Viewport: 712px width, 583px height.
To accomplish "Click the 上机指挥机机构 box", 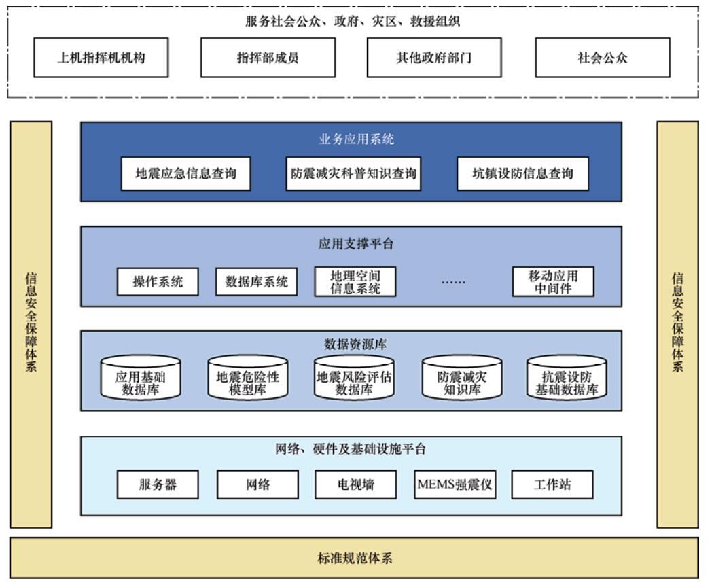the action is pyautogui.click(x=101, y=58).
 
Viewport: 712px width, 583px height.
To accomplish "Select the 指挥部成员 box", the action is pyautogui.click(x=268, y=58).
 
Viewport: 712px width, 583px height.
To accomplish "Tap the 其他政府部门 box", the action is pyautogui.click(x=434, y=58).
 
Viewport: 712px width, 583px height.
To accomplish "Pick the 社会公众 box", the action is pyautogui.click(x=603, y=58).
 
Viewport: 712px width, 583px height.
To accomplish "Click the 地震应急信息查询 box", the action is pyautogui.click(x=185, y=173).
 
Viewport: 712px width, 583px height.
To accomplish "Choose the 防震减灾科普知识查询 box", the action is pyautogui.click(x=353, y=173).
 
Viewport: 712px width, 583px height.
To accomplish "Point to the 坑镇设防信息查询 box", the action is pyautogui.click(x=522, y=173).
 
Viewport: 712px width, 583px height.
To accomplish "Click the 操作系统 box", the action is pyautogui.click(x=158, y=282).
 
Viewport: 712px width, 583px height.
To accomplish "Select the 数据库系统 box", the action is pyautogui.click(x=257, y=282).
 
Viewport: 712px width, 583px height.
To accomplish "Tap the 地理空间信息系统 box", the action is pyautogui.click(x=355, y=282).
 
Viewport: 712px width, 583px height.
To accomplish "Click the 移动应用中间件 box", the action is pyautogui.click(x=553, y=282).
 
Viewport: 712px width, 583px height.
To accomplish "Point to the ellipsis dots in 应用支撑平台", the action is pyautogui.click(x=453, y=283).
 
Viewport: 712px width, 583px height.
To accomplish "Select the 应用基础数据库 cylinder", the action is pyautogui.click(x=141, y=378).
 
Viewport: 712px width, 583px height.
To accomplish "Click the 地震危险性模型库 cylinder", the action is pyautogui.click(x=247, y=378).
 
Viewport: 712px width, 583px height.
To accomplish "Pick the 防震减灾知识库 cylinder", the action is pyautogui.click(x=462, y=378).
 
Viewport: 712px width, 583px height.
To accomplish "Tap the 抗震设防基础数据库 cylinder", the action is pyautogui.click(x=567, y=378).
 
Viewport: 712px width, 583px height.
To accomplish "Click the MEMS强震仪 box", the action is pyautogui.click(x=455, y=485).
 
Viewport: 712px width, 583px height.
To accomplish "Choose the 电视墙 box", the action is pyautogui.click(x=355, y=485).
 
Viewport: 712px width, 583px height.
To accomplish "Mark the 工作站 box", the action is pyautogui.click(x=552, y=485).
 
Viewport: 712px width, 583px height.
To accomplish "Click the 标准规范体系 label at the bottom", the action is pyautogui.click(x=355, y=558).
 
